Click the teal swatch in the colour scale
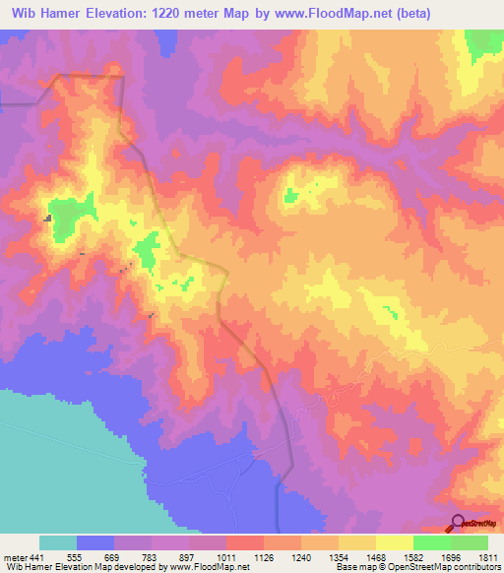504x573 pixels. click(x=58, y=542)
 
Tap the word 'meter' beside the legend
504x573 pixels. click(x=15, y=556)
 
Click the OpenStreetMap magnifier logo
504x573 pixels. click(x=458, y=523)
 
